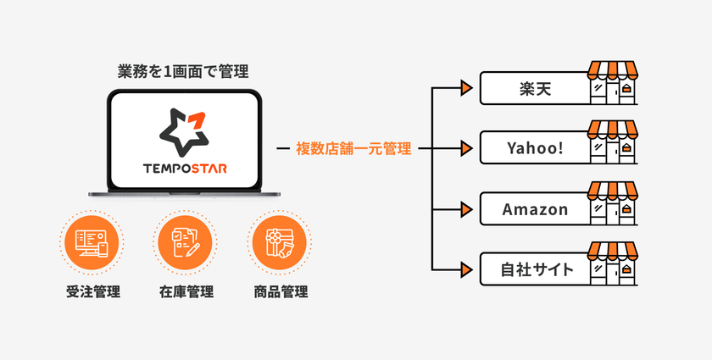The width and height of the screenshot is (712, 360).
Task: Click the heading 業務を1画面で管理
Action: click(x=183, y=72)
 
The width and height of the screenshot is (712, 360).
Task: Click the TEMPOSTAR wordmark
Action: click(x=185, y=169)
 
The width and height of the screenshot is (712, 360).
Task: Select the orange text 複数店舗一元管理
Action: click(x=353, y=148)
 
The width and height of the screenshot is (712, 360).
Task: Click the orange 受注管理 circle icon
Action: click(x=92, y=242)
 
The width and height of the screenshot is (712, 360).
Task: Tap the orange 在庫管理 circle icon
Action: click(x=186, y=242)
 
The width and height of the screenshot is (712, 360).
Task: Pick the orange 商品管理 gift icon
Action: click(x=280, y=242)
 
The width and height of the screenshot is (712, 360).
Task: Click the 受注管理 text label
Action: click(x=93, y=291)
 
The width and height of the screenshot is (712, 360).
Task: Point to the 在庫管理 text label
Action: click(x=186, y=291)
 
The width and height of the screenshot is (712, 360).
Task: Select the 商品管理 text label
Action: click(x=281, y=291)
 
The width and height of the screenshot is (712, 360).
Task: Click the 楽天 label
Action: click(x=536, y=89)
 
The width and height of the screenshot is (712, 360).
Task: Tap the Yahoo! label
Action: click(x=536, y=148)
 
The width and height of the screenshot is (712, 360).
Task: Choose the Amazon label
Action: click(x=536, y=209)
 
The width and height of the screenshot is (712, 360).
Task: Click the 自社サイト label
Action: click(x=537, y=269)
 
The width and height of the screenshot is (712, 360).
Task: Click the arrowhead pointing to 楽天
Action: click(x=466, y=88)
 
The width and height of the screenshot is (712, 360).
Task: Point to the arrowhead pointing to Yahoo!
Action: click(x=466, y=148)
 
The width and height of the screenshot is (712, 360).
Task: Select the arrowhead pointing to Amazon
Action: click(x=466, y=209)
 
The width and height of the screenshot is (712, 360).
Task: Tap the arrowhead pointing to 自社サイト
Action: click(x=466, y=270)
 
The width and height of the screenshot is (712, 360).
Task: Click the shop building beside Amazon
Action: click(x=613, y=203)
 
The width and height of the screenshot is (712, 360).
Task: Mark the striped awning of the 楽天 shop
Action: click(x=613, y=70)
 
